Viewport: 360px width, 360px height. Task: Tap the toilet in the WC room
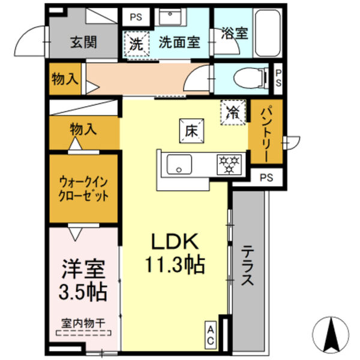click(x=252, y=77)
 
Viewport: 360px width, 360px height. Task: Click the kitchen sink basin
click(x=178, y=163)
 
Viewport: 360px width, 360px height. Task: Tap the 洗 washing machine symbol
click(x=137, y=43)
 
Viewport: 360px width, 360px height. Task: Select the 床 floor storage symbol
click(x=191, y=130)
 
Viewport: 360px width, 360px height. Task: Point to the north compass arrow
click(x=330, y=334)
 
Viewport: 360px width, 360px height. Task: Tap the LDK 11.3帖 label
click(x=175, y=253)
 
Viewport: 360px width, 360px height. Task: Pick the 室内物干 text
click(x=83, y=322)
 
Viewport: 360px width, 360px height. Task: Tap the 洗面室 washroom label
click(x=179, y=43)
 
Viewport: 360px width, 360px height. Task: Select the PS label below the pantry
click(x=267, y=177)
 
